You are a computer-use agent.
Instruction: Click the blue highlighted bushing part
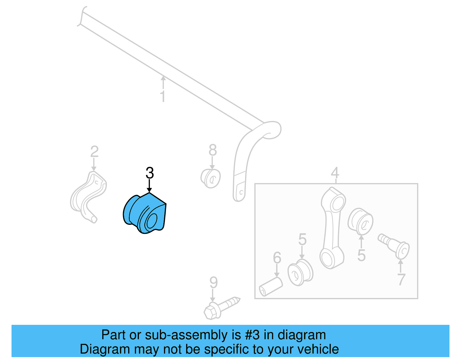(146, 213)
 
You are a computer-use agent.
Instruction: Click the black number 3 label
(150, 173)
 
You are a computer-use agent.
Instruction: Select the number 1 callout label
(163, 97)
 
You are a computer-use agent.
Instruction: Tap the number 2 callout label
(94, 152)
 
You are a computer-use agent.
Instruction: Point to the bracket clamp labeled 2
(88, 196)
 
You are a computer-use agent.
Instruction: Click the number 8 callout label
(213, 150)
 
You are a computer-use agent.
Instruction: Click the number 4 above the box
(335, 173)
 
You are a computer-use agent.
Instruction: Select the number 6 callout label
(277, 258)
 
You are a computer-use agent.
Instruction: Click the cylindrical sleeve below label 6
(271, 286)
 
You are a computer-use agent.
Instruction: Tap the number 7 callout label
(401, 279)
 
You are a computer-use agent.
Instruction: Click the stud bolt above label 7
(394, 245)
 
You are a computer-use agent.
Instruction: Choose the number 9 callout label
(213, 283)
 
